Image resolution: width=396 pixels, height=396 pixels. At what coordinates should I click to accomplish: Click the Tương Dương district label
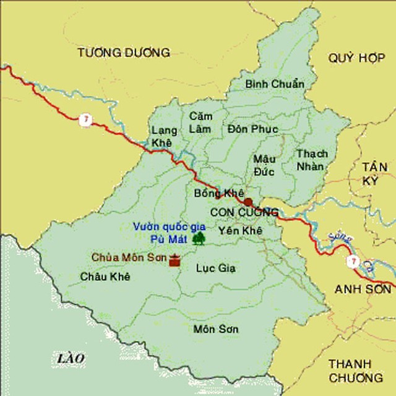[x=124, y=53]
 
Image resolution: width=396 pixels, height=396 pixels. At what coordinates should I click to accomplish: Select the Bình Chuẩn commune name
[x=275, y=84]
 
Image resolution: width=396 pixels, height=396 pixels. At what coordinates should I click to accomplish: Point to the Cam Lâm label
[x=200, y=123]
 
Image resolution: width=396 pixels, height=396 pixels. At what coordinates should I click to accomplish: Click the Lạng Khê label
[x=164, y=136]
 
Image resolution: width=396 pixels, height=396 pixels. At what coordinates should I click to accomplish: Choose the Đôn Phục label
[x=252, y=129]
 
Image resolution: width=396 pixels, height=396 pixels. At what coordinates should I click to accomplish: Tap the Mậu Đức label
[x=264, y=165]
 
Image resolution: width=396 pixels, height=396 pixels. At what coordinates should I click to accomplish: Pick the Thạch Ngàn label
[x=312, y=160]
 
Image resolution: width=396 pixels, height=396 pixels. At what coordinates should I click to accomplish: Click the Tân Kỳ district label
[x=379, y=173]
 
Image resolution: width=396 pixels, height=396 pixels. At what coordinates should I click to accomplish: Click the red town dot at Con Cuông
[x=248, y=202]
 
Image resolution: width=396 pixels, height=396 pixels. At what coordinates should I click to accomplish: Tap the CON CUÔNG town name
[x=244, y=213]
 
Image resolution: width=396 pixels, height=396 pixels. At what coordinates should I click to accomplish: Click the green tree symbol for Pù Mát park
[x=199, y=238]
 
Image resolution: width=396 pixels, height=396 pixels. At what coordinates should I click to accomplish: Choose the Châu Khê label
[x=105, y=277]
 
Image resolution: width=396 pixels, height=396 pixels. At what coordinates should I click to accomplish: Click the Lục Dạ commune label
[x=215, y=268]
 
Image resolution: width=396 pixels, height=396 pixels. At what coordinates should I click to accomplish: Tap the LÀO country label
[x=70, y=358]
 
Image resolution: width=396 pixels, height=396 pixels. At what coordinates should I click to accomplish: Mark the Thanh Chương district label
[x=355, y=370]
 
